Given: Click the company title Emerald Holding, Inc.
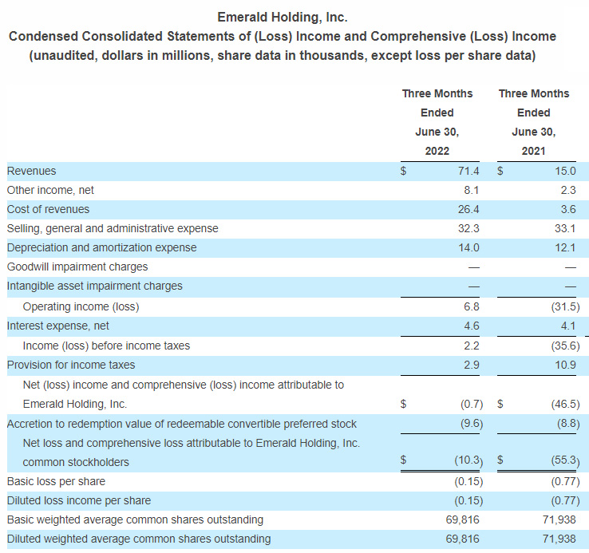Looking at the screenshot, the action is click(283, 18).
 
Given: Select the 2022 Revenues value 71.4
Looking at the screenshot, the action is click(468, 171).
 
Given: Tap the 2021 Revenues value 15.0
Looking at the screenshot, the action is click(565, 171).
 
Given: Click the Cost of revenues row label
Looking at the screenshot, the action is click(48, 209).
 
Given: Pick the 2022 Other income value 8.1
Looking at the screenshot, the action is click(472, 190).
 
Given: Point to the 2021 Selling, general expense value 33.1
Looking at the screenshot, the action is click(565, 228).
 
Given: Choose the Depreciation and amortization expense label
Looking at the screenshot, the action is click(101, 247).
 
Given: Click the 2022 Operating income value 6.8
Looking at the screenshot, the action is click(472, 306).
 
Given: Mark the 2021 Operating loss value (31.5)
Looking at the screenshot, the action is click(565, 306).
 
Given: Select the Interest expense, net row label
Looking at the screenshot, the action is click(57, 326).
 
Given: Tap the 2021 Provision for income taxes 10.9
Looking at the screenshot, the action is click(565, 365).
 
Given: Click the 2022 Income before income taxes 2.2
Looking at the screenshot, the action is click(472, 346).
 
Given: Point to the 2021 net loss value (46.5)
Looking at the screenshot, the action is click(565, 404).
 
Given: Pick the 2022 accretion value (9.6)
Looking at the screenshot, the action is click(472, 424).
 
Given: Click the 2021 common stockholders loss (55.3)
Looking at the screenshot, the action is click(565, 460).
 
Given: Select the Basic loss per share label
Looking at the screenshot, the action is click(56, 481).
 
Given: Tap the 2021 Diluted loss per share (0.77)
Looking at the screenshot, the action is click(565, 500).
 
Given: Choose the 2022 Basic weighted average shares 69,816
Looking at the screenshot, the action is click(462, 519).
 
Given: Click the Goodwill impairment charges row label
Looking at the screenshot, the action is click(77, 267).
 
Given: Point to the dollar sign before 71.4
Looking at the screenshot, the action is click(403, 171).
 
